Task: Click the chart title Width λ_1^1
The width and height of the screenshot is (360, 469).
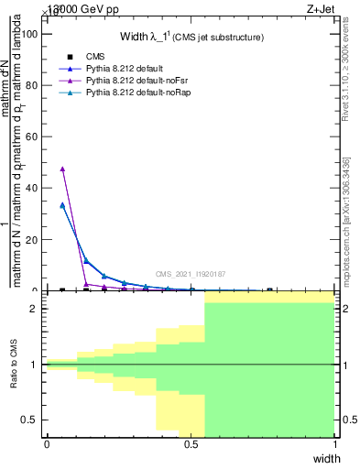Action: (192, 37)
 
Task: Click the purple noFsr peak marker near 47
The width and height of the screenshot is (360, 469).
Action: (62, 169)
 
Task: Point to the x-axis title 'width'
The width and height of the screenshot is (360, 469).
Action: (326, 458)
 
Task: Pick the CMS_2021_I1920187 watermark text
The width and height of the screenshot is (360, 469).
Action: (190, 274)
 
